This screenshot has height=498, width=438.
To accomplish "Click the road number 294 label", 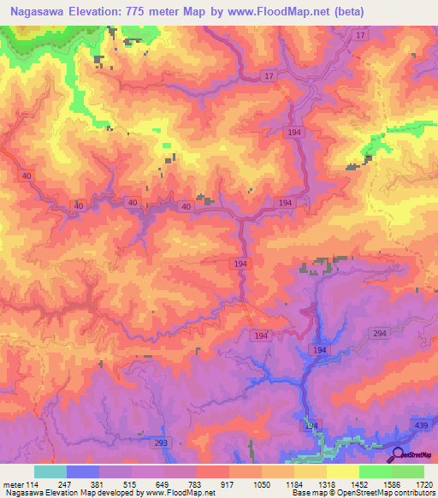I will tap(381, 333).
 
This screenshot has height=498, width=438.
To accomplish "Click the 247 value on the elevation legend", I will tap(83, 484).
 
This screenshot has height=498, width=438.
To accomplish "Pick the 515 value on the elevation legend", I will tap(148, 484).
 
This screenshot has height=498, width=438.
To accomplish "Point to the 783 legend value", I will tap(213, 484).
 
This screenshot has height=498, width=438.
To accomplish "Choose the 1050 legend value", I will tap(278, 484).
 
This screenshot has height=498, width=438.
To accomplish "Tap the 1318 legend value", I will tap(343, 484).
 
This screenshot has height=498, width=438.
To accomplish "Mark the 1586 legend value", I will tap(408, 484).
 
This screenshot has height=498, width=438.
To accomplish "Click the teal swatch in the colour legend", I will tap(50, 471).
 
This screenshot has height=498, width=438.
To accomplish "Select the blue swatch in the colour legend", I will tap(83, 471).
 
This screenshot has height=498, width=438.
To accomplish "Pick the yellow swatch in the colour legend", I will tap(343, 471).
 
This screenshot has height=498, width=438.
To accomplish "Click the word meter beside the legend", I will tap(15, 484).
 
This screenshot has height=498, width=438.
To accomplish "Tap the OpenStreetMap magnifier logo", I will tap(396, 456).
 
